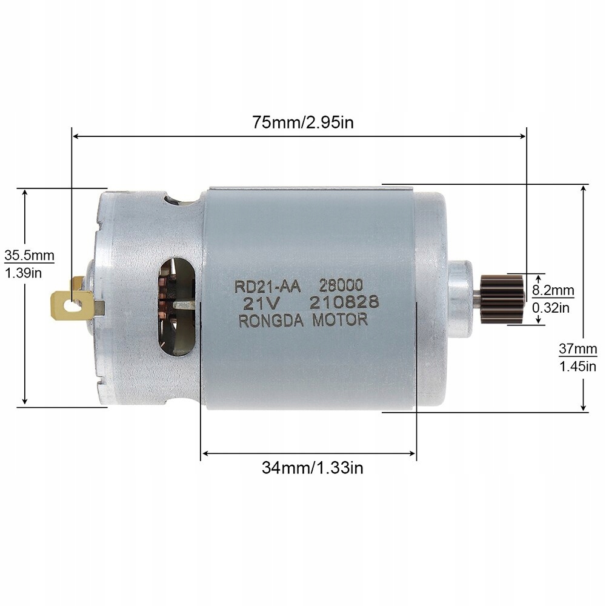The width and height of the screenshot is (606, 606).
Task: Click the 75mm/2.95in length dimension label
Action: pyautogui.click(x=303, y=122)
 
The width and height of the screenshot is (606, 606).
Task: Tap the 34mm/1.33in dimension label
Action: pyautogui.click(x=312, y=467)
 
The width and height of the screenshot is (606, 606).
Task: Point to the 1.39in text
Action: pyautogui.click(x=23, y=273)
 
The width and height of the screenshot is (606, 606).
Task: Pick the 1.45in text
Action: pyautogui.click(x=577, y=366)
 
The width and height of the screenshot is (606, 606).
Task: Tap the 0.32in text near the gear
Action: pyautogui.click(x=551, y=308)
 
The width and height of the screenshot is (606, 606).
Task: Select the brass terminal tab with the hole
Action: pyautogui.click(x=73, y=303)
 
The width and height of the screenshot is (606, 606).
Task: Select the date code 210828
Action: pyautogui.click(x=344, y=302)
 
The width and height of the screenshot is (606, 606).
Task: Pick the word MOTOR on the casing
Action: pyautogui.click(x=340, y=319)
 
